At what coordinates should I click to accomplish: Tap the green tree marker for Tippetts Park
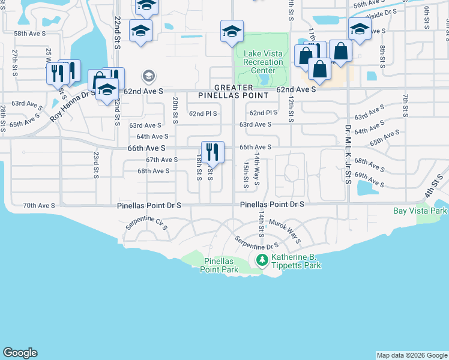pyautogui.click(x=262, y=260)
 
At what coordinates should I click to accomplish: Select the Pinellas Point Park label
pyautogui.click(x=221, y=265)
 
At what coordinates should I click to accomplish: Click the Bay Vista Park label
pyautogui.click(x=420, y=211)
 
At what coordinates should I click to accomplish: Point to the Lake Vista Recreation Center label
pyautogui.click(x=263, y=62)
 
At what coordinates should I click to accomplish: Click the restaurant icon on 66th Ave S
pyautogui.click(x=212, y=151)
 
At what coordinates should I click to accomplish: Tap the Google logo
pyautogui.click(x=20, y=353)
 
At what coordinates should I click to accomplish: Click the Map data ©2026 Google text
pyautogui.click(x=411, y=355)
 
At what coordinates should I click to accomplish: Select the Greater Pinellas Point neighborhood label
pyautogui.click(x=234, y=91)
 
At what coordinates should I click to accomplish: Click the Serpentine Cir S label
pyautogui.click(x=146, y=225)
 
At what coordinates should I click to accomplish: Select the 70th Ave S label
pyautogui.click(x=39, y=205)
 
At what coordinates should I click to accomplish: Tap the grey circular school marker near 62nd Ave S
pyautogui.click(x=148, y=76)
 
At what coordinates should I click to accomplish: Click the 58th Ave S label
pyautogui.click(x=28, y=34)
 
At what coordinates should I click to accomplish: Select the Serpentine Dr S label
pyautogui.click(x=256, y=243)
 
